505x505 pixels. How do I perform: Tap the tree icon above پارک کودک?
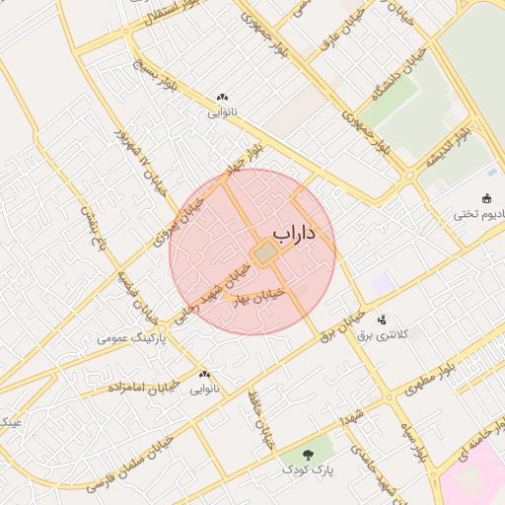(310, 455)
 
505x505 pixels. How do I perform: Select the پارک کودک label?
(311, 472)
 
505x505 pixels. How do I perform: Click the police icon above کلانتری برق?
(382, 320)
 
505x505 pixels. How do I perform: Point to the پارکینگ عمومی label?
(131, 338)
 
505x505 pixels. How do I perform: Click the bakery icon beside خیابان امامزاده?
(205, 375)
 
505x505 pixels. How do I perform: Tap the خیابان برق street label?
(343, 325)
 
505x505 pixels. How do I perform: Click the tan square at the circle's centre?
(265, 253)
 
